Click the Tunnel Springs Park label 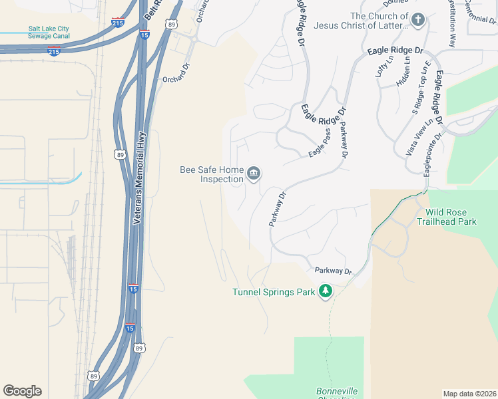pyautogui.click(x=273, y=292)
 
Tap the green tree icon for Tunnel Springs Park pyautogui.click(x=325, y=291)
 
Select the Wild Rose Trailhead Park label pyautogui.click(x=447, y=217)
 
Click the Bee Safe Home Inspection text pyautogui.click(x=212, y=174)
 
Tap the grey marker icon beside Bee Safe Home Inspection pyautogui.click(x=254, y=174)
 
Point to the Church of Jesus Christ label pyautogui.click(x=378, y=21)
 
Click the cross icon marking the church pyautogui.click(x=418, y=19)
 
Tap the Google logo pyautogui.click(x=22, y=391)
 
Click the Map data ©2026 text pyautogui.click(x=469, y=393)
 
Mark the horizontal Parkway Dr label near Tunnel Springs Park pyautogui.click(x=332, y=271)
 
